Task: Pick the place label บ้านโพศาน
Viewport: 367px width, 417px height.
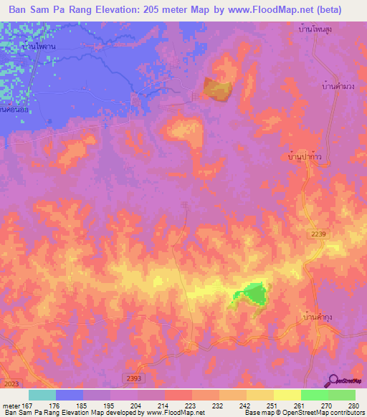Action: coord(39,45)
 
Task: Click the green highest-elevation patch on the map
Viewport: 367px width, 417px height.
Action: coord(252,293)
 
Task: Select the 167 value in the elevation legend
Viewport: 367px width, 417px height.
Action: coord(28,405)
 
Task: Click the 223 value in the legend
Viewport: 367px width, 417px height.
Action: coord(190,405)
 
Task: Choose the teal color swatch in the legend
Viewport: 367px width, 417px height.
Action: coord(42,395)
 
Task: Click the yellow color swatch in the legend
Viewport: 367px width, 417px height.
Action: coord(287,395)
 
